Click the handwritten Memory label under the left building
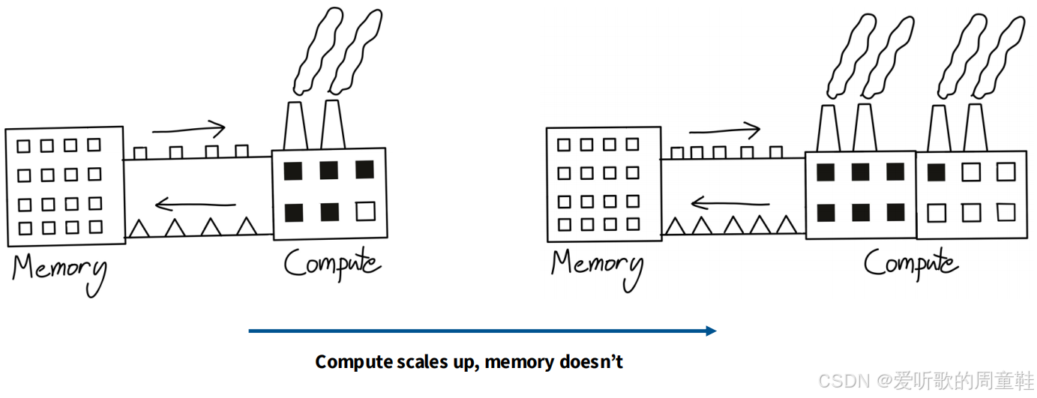tap(58, 271)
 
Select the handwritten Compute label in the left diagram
tap(332, 265)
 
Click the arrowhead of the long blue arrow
tap(710, 331)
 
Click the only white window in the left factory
tap(365, 211)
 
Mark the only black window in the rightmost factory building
tap(936, 172)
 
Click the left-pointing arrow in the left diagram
tap(195, 202)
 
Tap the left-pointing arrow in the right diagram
tap(729, 202)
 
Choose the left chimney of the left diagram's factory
tap(295, 126)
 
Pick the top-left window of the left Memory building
tap(24, 145)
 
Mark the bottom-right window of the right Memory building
tap(633, 224)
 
